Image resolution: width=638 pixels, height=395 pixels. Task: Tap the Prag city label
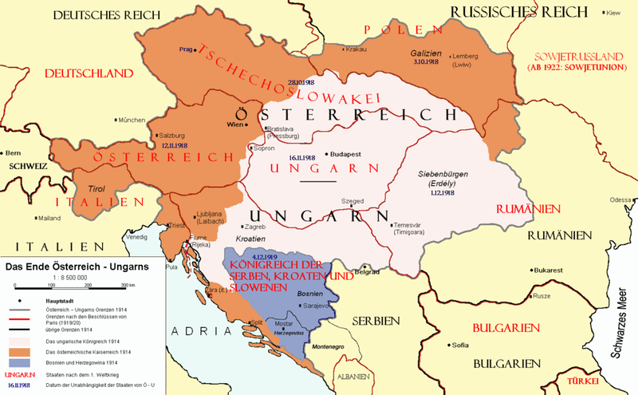[187, 49]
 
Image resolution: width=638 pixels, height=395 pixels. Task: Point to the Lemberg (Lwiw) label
[470, 61]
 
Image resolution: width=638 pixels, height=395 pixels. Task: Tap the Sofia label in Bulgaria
[460, 346]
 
